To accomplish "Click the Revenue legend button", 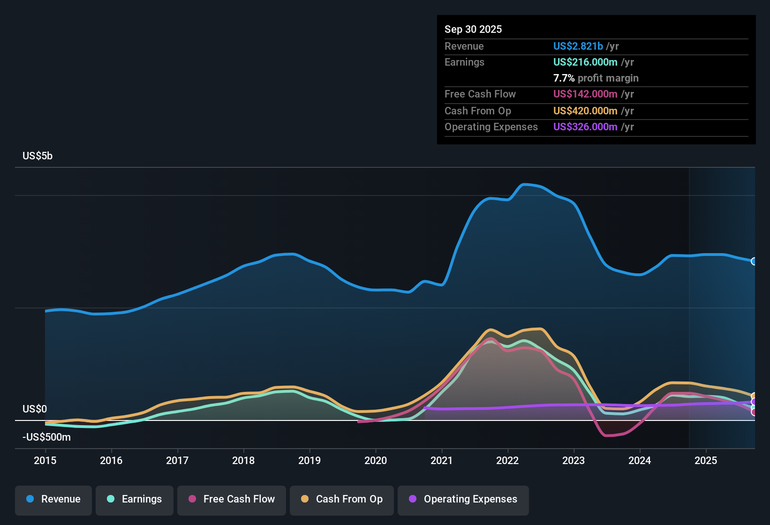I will click(53, 499).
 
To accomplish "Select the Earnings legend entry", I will click(135, 499).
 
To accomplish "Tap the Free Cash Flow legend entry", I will click(232, 499).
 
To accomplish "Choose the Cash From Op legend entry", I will click(342, 499).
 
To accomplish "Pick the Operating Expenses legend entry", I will click(463, 499).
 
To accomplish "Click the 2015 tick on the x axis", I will click(45, 460).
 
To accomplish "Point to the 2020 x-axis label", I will click(376, 460).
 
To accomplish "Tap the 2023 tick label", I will click(574, 460).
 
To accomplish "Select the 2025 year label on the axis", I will click(706, 460).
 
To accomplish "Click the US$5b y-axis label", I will click(38, 156).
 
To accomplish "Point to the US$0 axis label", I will click(35, 409).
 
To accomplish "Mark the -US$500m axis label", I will click(46, 437).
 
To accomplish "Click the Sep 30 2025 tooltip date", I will click(473, 29).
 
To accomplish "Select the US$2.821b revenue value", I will click(578, 46).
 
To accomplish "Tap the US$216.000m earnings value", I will click(585, 62).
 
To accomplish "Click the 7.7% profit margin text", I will click(596, 78).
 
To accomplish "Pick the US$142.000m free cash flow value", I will click(585, 94).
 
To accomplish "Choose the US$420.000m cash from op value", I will click(585, 111).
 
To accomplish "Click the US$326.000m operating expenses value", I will click(585, 127).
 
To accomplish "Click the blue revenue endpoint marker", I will click(754, 261).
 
